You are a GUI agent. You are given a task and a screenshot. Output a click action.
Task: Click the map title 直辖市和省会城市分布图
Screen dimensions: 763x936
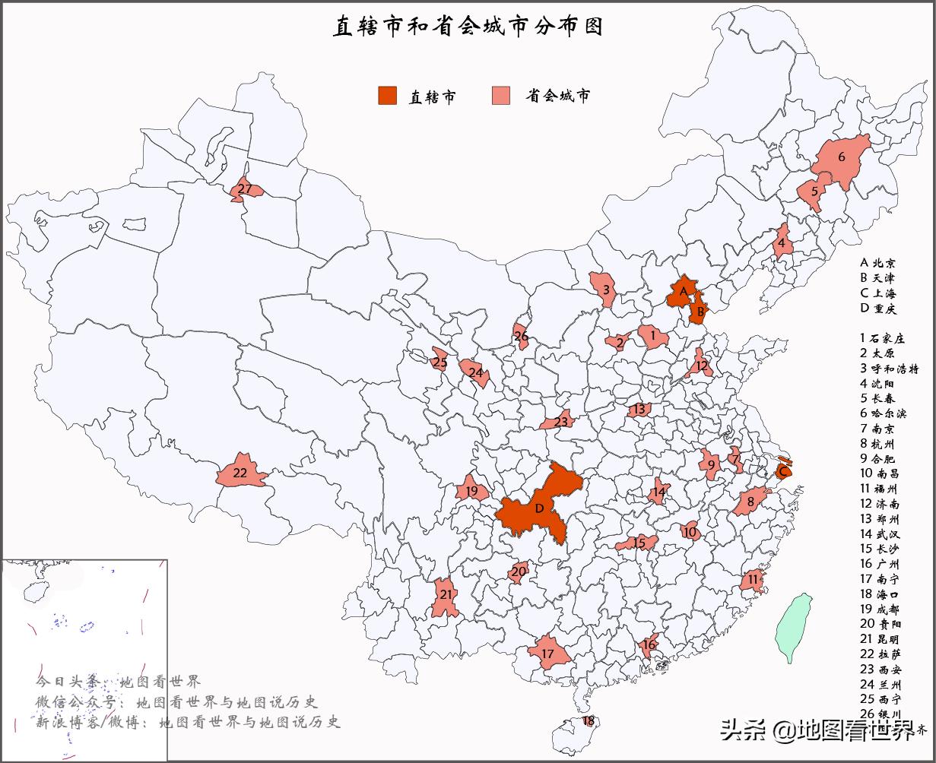468,26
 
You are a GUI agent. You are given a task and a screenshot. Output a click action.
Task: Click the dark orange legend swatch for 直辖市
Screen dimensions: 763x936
388,96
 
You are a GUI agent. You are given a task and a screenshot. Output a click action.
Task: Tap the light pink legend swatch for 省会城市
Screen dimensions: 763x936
501,96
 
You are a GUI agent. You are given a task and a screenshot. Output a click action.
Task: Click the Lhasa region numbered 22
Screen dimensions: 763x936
241,473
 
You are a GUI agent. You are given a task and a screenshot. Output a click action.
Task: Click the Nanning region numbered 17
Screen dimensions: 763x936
548,654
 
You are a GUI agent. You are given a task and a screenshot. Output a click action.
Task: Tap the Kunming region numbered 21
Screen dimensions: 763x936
446,596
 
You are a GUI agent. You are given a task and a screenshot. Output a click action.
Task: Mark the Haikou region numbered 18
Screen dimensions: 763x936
589,720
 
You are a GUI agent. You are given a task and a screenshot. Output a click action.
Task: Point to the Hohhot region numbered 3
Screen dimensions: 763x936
605,290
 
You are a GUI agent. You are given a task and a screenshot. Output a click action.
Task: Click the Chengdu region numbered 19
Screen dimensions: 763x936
471,491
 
